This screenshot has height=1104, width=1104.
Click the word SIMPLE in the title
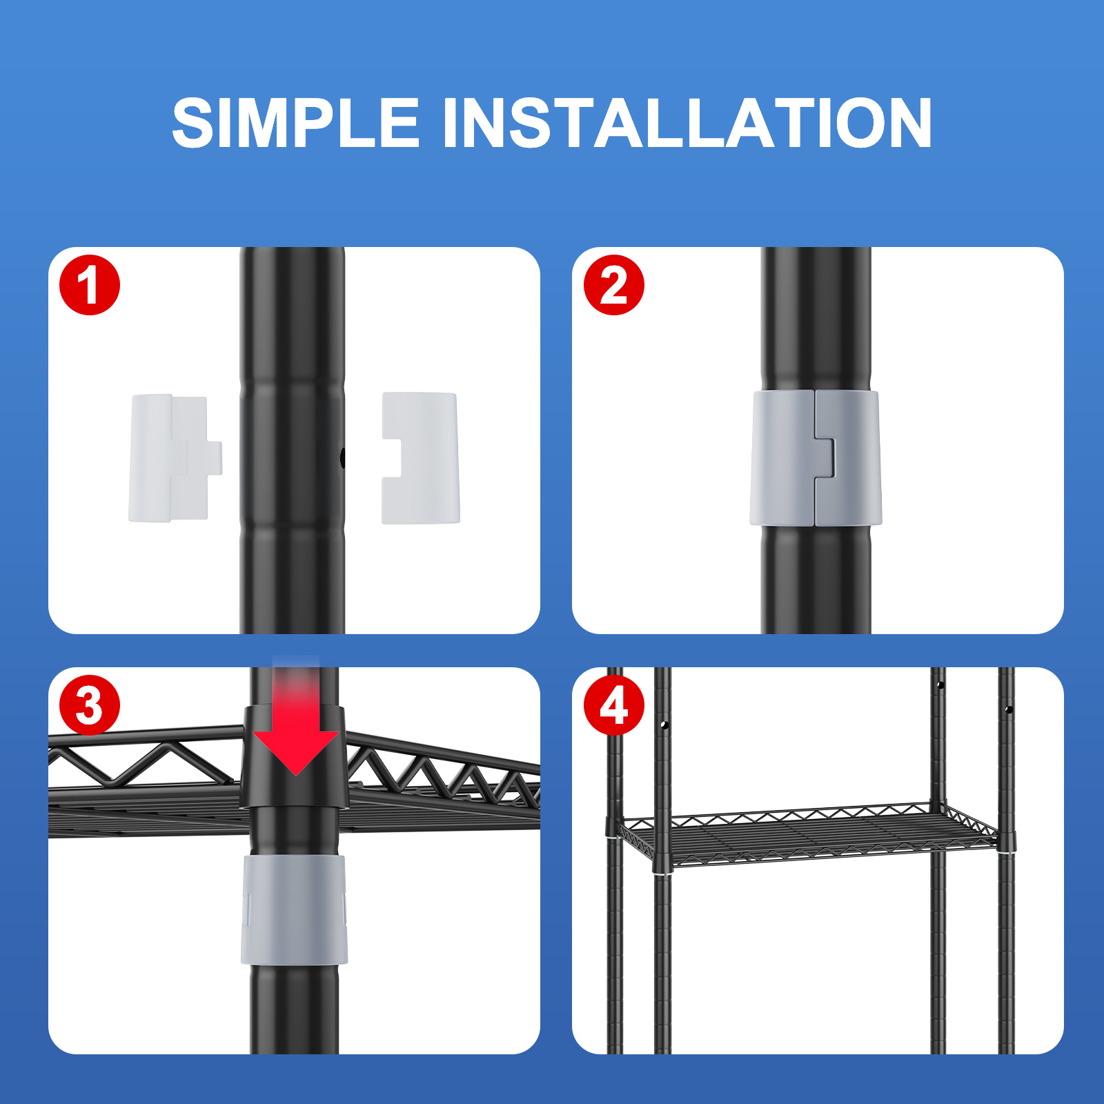click(296, 123)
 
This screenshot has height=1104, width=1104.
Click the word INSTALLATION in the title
click(687, 123)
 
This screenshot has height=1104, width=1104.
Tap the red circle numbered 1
click(90, 285)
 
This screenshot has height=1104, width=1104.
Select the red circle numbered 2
click(614, 285)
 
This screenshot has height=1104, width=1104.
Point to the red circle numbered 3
click(90, 705)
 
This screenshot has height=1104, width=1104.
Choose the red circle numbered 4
click(614, 705)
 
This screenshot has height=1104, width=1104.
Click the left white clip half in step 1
click(175, 458)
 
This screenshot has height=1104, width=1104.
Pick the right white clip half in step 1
click(421, 458)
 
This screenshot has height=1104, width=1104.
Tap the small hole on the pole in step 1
click(342, 457)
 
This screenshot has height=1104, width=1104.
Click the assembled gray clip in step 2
click(816, 458)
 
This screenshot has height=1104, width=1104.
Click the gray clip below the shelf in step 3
click(294, 909)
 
